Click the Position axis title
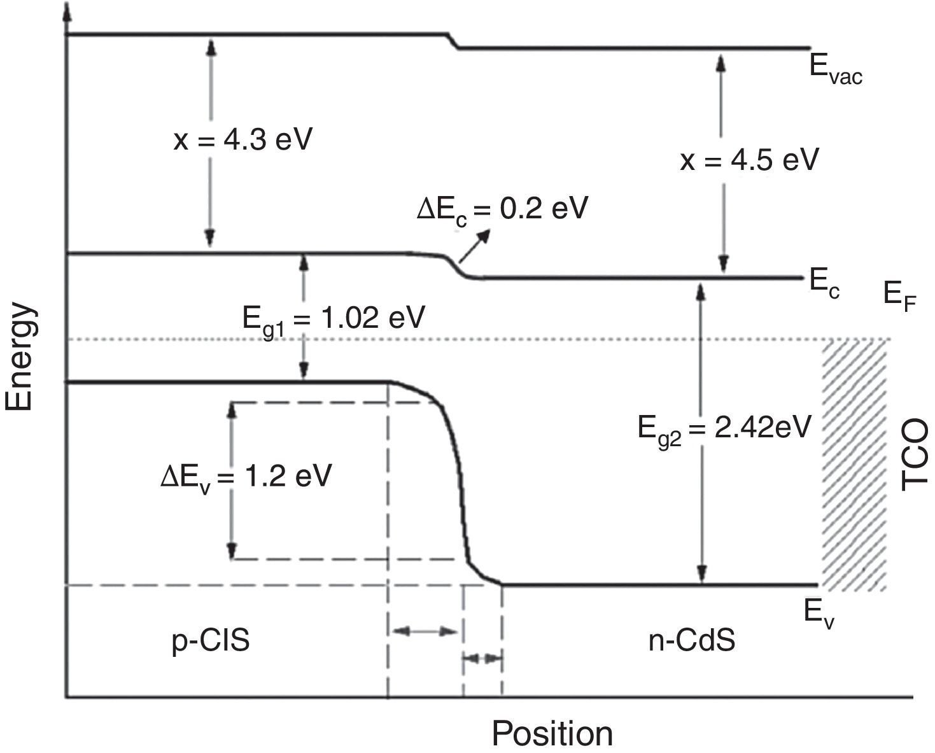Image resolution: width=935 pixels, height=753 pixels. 552,734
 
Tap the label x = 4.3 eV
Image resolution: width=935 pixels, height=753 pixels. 243,140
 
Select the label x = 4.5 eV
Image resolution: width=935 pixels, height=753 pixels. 749,160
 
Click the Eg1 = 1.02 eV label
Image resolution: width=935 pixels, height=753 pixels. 333,318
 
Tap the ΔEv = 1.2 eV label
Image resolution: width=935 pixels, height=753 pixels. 246,476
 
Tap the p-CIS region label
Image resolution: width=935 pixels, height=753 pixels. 211,640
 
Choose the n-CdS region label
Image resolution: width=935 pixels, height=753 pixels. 692,640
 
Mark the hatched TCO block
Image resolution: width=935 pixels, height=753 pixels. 854,465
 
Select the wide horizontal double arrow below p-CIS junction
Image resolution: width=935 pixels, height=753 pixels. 425,632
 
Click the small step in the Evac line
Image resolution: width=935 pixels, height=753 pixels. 453,41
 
